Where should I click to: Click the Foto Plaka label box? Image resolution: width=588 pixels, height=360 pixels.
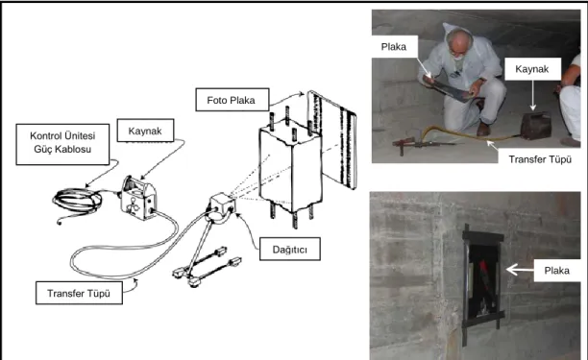pos(233,100)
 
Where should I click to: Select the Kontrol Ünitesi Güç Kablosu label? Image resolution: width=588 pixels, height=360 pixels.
pos(62,144)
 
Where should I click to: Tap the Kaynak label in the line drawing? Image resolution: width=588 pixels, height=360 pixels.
pos(145,131)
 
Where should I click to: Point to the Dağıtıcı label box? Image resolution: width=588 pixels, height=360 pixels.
pos(290,249)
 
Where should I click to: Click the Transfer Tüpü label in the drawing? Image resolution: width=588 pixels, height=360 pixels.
pos(79,293)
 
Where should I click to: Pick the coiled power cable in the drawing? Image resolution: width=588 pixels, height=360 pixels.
pos(77,203)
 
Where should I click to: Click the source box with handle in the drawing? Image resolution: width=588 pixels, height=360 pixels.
pos(138,198)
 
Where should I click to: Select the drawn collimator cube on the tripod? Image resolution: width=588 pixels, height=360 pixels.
pos(223,204)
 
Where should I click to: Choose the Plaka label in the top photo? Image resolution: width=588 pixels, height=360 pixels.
pos(394,46)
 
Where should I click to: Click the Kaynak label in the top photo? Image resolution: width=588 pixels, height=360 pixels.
pos(532,69)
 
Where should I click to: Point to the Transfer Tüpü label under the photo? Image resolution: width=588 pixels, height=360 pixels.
pos(540,159)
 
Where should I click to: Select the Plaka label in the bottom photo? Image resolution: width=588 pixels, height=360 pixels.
pos(557,270)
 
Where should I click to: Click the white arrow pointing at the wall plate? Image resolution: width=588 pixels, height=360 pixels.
pos(520,270)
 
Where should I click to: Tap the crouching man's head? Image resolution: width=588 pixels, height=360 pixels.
pos(459,44)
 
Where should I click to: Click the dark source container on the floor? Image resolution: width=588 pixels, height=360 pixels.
pos(535,126)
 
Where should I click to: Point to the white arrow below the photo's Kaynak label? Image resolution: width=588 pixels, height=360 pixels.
pos(533,95)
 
